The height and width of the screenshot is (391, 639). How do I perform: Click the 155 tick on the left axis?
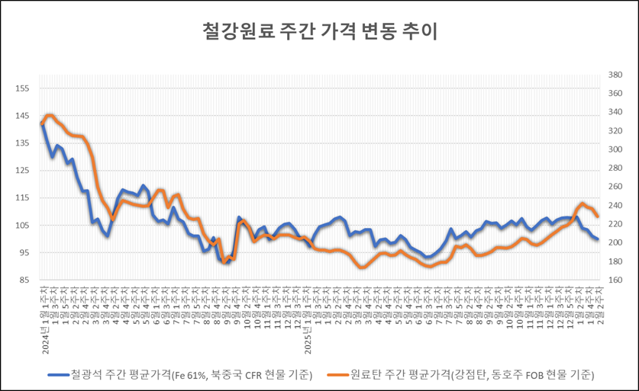(x=22, y=88)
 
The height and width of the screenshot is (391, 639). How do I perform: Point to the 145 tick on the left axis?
(x=22, y=116)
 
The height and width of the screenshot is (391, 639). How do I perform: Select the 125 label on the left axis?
(x=22, y=171)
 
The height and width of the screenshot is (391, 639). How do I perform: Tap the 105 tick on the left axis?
(x=22, y=226)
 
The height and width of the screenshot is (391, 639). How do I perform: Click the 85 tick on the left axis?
(x=22, y=280)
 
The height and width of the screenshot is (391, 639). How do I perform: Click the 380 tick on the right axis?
(x=617, y=75)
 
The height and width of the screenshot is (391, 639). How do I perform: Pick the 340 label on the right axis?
(x=617, y=113)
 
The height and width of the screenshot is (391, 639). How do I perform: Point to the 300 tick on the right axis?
(x=617, y=150)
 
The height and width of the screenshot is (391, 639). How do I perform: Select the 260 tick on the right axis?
(x=617, y=187)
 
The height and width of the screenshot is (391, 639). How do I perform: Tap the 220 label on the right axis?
(x=617, y=224)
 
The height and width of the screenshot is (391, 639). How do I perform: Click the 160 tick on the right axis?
(x=617, y=280)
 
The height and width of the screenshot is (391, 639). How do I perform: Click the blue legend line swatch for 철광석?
(x=58, y=374)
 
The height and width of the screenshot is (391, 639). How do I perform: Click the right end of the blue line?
(x=597, y=239)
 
